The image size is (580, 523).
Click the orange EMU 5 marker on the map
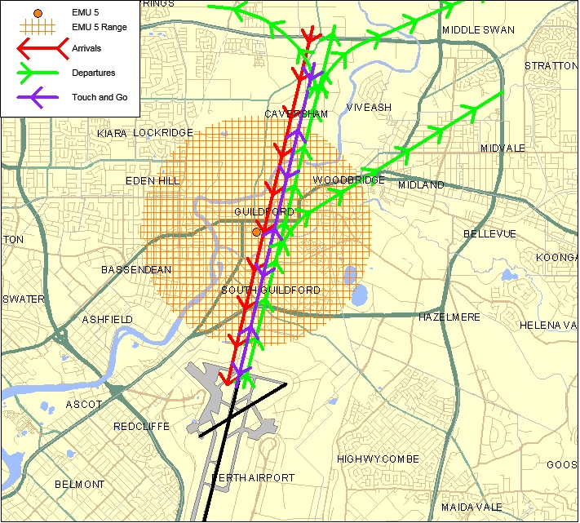point(256,232)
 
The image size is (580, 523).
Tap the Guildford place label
point(263,212)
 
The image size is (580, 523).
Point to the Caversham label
point(296,114)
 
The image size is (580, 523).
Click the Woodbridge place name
point(348,180)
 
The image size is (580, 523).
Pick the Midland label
point(421,185)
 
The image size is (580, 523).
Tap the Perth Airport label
point(253,478)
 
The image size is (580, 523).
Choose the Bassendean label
point(136,269)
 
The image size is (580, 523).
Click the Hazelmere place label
point(449,317)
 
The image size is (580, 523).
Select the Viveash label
point(369,108)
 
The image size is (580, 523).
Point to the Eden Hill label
point(151,181)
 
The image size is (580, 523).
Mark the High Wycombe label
point(378,459)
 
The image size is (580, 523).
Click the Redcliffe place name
point(140,427)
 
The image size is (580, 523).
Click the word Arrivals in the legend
point(86,49)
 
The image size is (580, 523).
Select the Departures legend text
point(93,73)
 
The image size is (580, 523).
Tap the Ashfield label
point(107,320)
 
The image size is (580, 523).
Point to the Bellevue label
point(489,234)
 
